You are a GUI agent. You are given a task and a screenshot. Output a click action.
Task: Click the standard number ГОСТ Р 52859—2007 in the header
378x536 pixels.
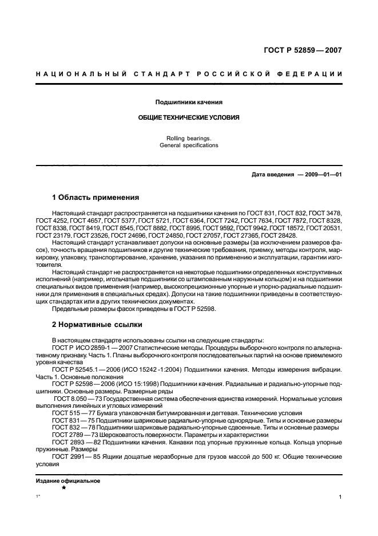(x=303, y=50)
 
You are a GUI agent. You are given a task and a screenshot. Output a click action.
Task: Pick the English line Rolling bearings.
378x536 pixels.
(x=189, y=138)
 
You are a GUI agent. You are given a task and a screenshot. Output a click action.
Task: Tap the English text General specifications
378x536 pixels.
(x=189, y=145)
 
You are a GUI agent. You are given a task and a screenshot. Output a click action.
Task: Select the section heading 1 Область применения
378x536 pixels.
(x=96, y=198)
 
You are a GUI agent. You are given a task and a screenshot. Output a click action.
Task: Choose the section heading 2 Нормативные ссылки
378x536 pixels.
(x=97, y=324)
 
